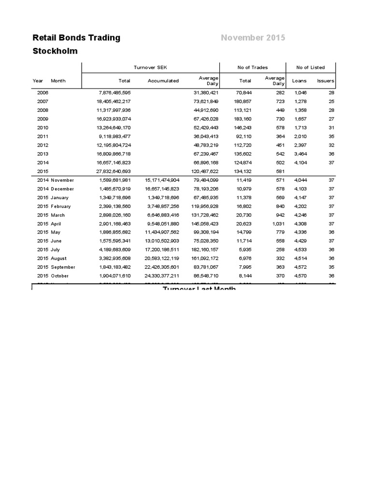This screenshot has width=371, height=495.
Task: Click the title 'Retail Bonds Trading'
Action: coord(76,38)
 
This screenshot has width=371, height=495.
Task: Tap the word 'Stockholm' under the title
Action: coord(55,51)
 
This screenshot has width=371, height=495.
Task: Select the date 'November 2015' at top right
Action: coord(253,38)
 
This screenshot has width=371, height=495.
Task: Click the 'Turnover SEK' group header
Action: coord(151,67)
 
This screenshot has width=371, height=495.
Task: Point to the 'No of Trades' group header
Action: coord(253,67)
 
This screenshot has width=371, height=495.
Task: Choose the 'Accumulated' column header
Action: coord(163,81)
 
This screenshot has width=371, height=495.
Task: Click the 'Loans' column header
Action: coord(299,81)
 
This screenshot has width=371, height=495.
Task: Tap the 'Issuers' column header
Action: coord(326,81)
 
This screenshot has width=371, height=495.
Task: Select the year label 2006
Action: coord(43,92)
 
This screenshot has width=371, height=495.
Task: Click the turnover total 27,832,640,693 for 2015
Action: coord(114,171)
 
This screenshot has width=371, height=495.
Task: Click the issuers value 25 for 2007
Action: coord(331,101)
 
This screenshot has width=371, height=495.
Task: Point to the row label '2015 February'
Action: coord(54,206)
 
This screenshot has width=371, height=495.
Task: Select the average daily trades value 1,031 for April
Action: coord(276,224)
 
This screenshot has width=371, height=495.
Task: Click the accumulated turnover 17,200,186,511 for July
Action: coord(162,250)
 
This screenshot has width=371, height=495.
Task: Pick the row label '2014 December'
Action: coord(54,189)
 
